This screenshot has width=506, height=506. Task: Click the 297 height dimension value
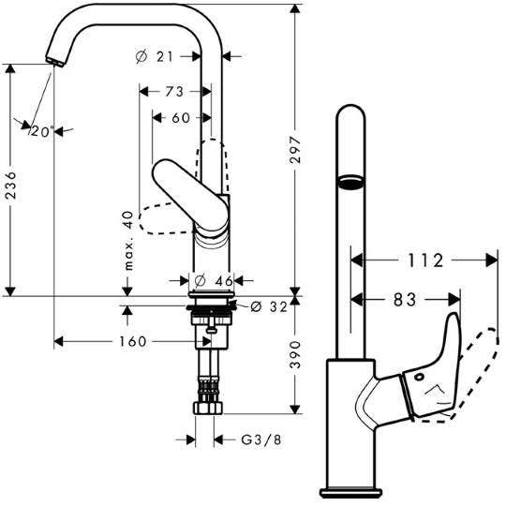(x=295, y=149)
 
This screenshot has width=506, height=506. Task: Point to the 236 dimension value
(x=10, y=186)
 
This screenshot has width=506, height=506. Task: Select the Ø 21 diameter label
(x=155, y=57)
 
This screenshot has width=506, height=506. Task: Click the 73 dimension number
(x=174, y=92)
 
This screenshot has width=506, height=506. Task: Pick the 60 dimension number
(x=181, y=118)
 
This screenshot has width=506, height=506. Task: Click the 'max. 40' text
(x=128, y=241)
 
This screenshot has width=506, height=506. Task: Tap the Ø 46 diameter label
(x=215, y=281)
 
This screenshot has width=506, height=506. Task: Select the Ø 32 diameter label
(x=269, y=306)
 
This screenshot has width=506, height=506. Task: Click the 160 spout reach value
(x=133, y=341)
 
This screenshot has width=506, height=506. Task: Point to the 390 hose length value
(x=295, y=354)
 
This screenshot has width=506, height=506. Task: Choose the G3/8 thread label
(x=261, y=439)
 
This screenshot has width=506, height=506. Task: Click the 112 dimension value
(x=425, y=260)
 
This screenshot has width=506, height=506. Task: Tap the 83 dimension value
(x=405, y=300)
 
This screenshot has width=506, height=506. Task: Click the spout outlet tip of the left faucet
(x=55, y=62)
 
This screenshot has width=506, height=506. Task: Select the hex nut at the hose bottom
(x=208, y=409)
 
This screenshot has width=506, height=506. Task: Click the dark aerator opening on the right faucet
(x=350, y=182)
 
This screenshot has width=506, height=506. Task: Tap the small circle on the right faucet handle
(x=420, y=377)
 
